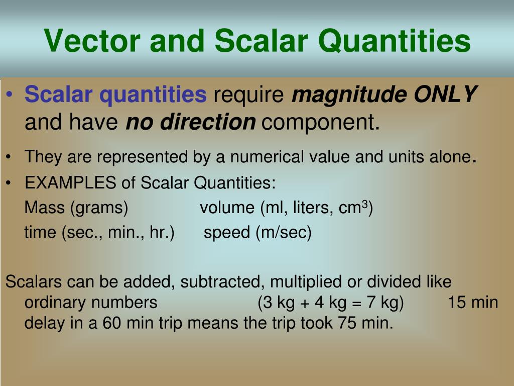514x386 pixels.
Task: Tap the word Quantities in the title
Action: [394, 41]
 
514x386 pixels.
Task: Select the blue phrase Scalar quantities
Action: [115, 94]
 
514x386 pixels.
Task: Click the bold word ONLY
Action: [445, 94]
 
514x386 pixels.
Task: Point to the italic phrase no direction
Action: [190, 122]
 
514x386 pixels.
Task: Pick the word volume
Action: [227, 208]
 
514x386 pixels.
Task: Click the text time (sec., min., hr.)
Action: [99, 233]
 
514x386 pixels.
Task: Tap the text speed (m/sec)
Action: [258, 233]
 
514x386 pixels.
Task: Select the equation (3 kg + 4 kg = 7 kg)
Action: [331, 303]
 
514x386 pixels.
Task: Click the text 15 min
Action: [473, 303]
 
